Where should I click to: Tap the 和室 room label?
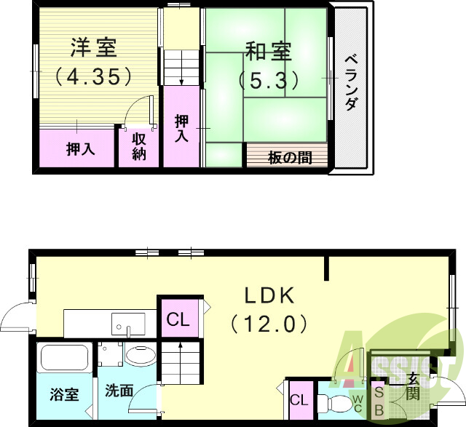(268, 52)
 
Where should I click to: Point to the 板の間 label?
(290, 157)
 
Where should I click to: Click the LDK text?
(268, 295)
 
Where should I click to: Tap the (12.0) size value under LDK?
(268, 323)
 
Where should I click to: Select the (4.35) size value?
(93, 75)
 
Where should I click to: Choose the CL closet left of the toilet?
(299, 400)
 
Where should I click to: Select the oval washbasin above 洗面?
(140, 356)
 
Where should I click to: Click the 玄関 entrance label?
(413, 386)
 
